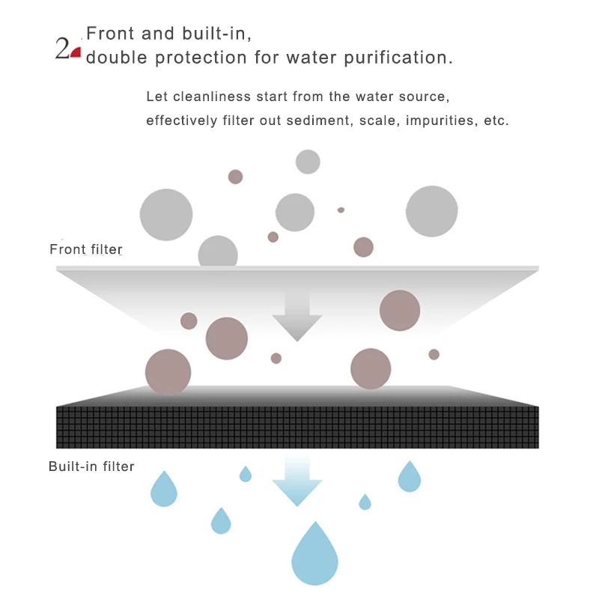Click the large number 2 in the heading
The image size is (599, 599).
click(62, 48)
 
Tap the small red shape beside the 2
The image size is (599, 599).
click(76, 52)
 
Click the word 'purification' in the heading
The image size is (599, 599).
click(398, 58)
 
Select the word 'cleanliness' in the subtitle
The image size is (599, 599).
click(212, 97)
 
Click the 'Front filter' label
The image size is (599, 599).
click(86, 249)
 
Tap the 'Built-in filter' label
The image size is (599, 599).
click(91, 466)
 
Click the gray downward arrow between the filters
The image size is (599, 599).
click(297, 315)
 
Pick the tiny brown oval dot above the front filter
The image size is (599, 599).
click(341, 210)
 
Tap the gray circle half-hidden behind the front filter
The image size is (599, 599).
click(218, 252)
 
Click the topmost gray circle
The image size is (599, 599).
click(308, 162)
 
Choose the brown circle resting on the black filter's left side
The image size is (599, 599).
click(168, 372)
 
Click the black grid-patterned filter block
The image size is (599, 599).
click(297, 427)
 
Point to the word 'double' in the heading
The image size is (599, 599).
click(117, 58)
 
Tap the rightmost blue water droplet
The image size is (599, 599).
click(409, 478)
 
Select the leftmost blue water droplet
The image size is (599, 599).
click(164, 490)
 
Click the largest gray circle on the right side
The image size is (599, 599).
click(432, 211)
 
